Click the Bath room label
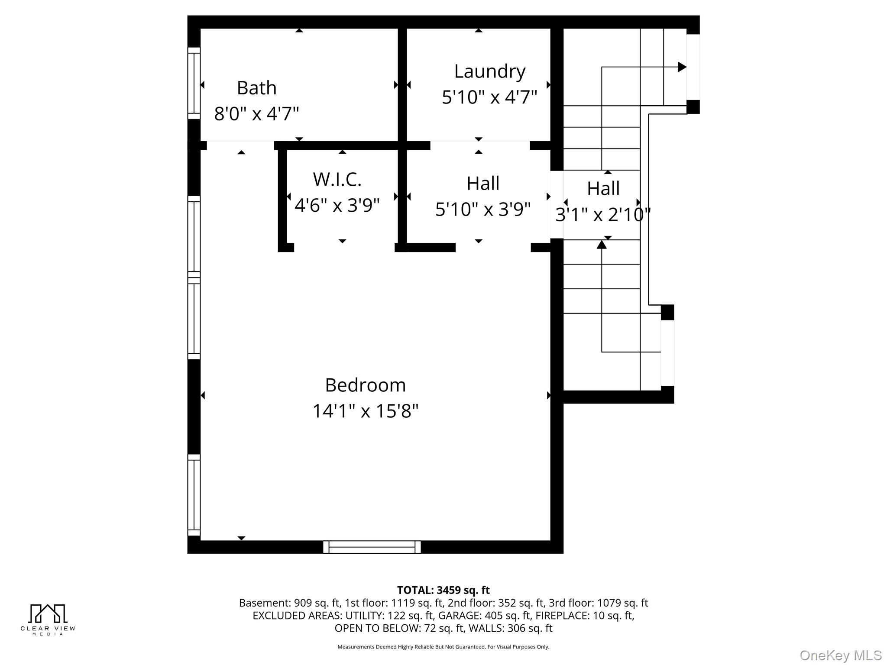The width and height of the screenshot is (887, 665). (256, 88)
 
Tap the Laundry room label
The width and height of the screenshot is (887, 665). (489, 71)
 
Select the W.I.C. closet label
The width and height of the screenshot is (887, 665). (337, 179)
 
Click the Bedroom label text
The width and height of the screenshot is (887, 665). (365, 385)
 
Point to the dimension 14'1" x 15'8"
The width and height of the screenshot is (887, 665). (365, 411)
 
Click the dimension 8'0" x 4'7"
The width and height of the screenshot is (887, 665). (256, 114)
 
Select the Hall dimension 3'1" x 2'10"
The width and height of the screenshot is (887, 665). (603, 214)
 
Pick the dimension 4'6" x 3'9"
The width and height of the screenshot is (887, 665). (337, 205)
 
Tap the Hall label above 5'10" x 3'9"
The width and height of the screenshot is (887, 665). (482, 183)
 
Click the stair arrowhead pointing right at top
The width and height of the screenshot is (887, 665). (682, 67)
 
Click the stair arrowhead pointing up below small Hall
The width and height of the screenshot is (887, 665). (602, 245)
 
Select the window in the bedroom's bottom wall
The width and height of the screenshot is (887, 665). (372, 547)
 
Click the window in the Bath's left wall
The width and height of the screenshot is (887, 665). (194, 83)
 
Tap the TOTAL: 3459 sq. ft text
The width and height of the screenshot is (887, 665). (443, 590)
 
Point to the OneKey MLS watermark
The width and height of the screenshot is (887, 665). (840, 655)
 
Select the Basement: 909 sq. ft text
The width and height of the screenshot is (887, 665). (289, 603)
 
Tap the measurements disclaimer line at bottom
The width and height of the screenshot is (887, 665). (443, 647)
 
